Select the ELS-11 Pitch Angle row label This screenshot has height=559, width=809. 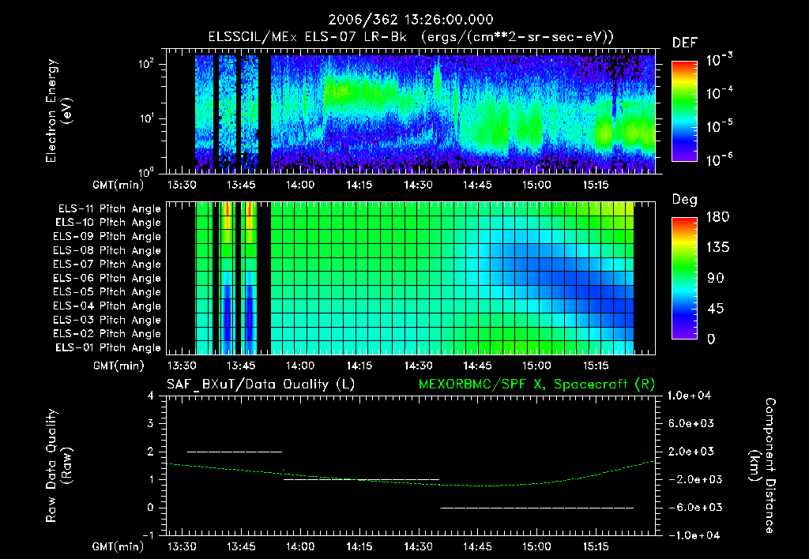109,209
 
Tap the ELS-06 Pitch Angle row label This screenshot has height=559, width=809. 109,279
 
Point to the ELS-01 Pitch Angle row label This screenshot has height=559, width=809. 109,348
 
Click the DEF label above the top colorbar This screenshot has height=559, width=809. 684,43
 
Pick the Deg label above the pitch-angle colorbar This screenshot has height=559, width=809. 684,200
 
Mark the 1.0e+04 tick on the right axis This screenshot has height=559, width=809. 691,396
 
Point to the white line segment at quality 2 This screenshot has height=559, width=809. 235,452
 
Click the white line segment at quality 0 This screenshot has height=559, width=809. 537,508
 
